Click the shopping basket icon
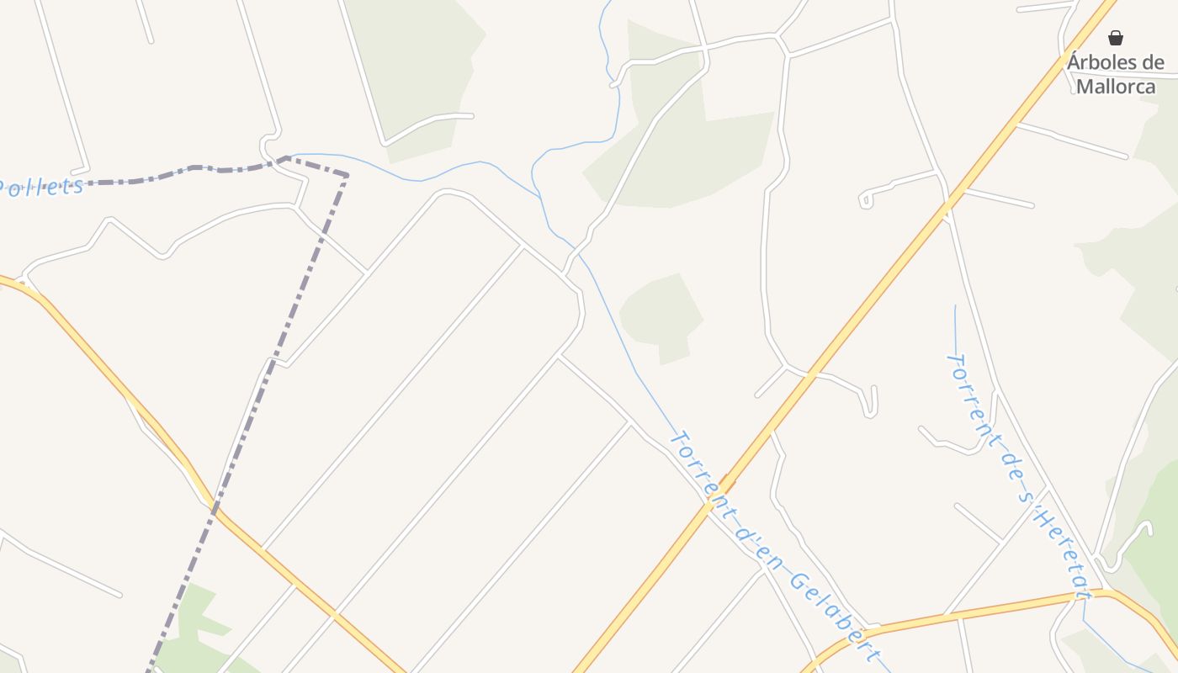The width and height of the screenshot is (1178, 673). tap(1116, 38)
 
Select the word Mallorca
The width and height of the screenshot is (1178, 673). tap(1116, 86)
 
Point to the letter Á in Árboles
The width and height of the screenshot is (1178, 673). tap(1075, 62)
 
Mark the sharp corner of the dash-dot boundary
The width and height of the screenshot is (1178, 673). tap(346, 175)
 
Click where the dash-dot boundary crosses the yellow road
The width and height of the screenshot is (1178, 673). tap(215, 507)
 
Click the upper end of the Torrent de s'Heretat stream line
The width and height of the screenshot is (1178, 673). tap(955, 306)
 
